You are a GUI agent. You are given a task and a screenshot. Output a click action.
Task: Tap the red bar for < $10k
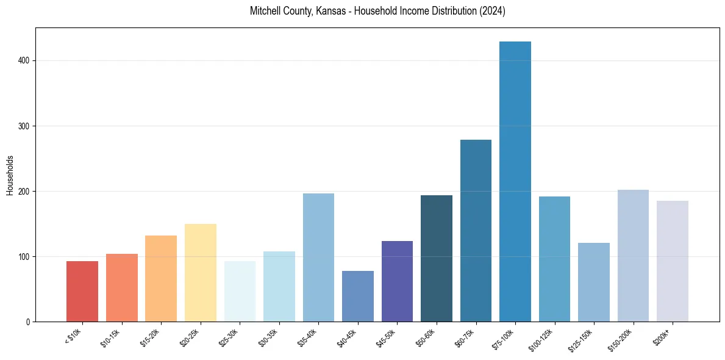click(82, 292)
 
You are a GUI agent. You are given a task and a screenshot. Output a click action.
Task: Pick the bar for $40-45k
click(358, 297)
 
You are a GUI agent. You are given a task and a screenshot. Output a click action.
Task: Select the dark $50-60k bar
click(437, 259)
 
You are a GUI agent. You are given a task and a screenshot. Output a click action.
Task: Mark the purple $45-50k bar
click(397, 281)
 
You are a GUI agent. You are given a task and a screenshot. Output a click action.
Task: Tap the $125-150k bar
click(594, 283)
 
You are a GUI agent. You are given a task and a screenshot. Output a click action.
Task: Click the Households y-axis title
click(10, 175)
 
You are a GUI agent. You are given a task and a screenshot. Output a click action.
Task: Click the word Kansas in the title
click(331, 12)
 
